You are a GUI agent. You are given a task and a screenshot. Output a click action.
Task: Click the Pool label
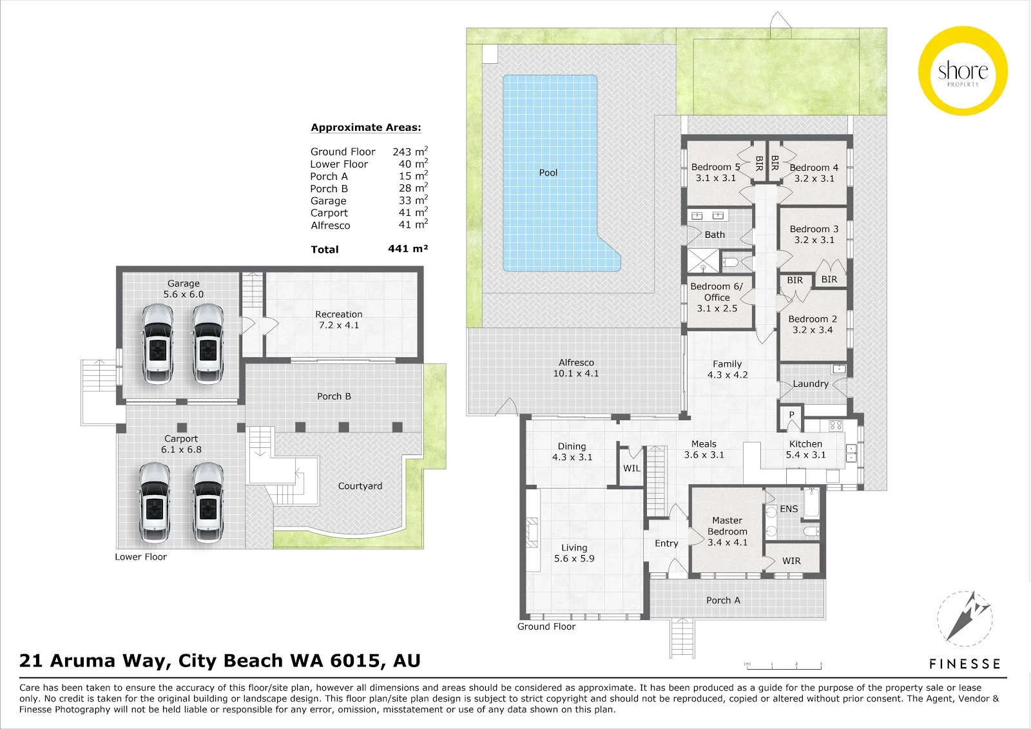[548, 173]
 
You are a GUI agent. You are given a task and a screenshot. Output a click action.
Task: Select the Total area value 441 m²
[408, 249]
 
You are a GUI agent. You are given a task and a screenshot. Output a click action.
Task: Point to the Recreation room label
[339, 314]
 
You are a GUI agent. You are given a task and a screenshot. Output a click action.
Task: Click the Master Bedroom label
[727, 526]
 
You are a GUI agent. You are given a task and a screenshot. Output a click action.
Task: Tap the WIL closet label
[631, 469]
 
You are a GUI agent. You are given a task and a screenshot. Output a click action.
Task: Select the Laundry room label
[811, 384]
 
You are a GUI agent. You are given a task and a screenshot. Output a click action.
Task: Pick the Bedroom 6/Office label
[717, 292]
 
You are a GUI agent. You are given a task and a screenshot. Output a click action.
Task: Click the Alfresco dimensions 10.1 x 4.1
[576, 373]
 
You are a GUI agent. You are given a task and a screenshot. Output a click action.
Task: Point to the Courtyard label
[360, 486]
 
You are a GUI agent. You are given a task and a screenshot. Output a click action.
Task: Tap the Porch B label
[334, 396]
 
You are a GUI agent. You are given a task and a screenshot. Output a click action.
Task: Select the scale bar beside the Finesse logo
[784, 665]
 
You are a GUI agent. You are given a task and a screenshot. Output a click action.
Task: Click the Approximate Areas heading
[366, 128]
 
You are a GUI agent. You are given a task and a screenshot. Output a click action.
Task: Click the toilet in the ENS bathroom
[811, 531]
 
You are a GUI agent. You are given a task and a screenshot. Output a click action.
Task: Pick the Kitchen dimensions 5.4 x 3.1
[806, 455]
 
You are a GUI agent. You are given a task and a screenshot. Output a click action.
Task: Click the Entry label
[666, 543]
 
